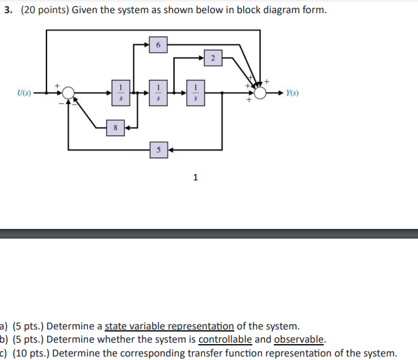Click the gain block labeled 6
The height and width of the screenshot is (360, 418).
(158, 45)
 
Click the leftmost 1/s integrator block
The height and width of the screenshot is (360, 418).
(121, 92)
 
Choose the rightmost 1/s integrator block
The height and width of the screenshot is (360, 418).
(196, 92)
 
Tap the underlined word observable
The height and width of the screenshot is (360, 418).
(299, 339)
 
